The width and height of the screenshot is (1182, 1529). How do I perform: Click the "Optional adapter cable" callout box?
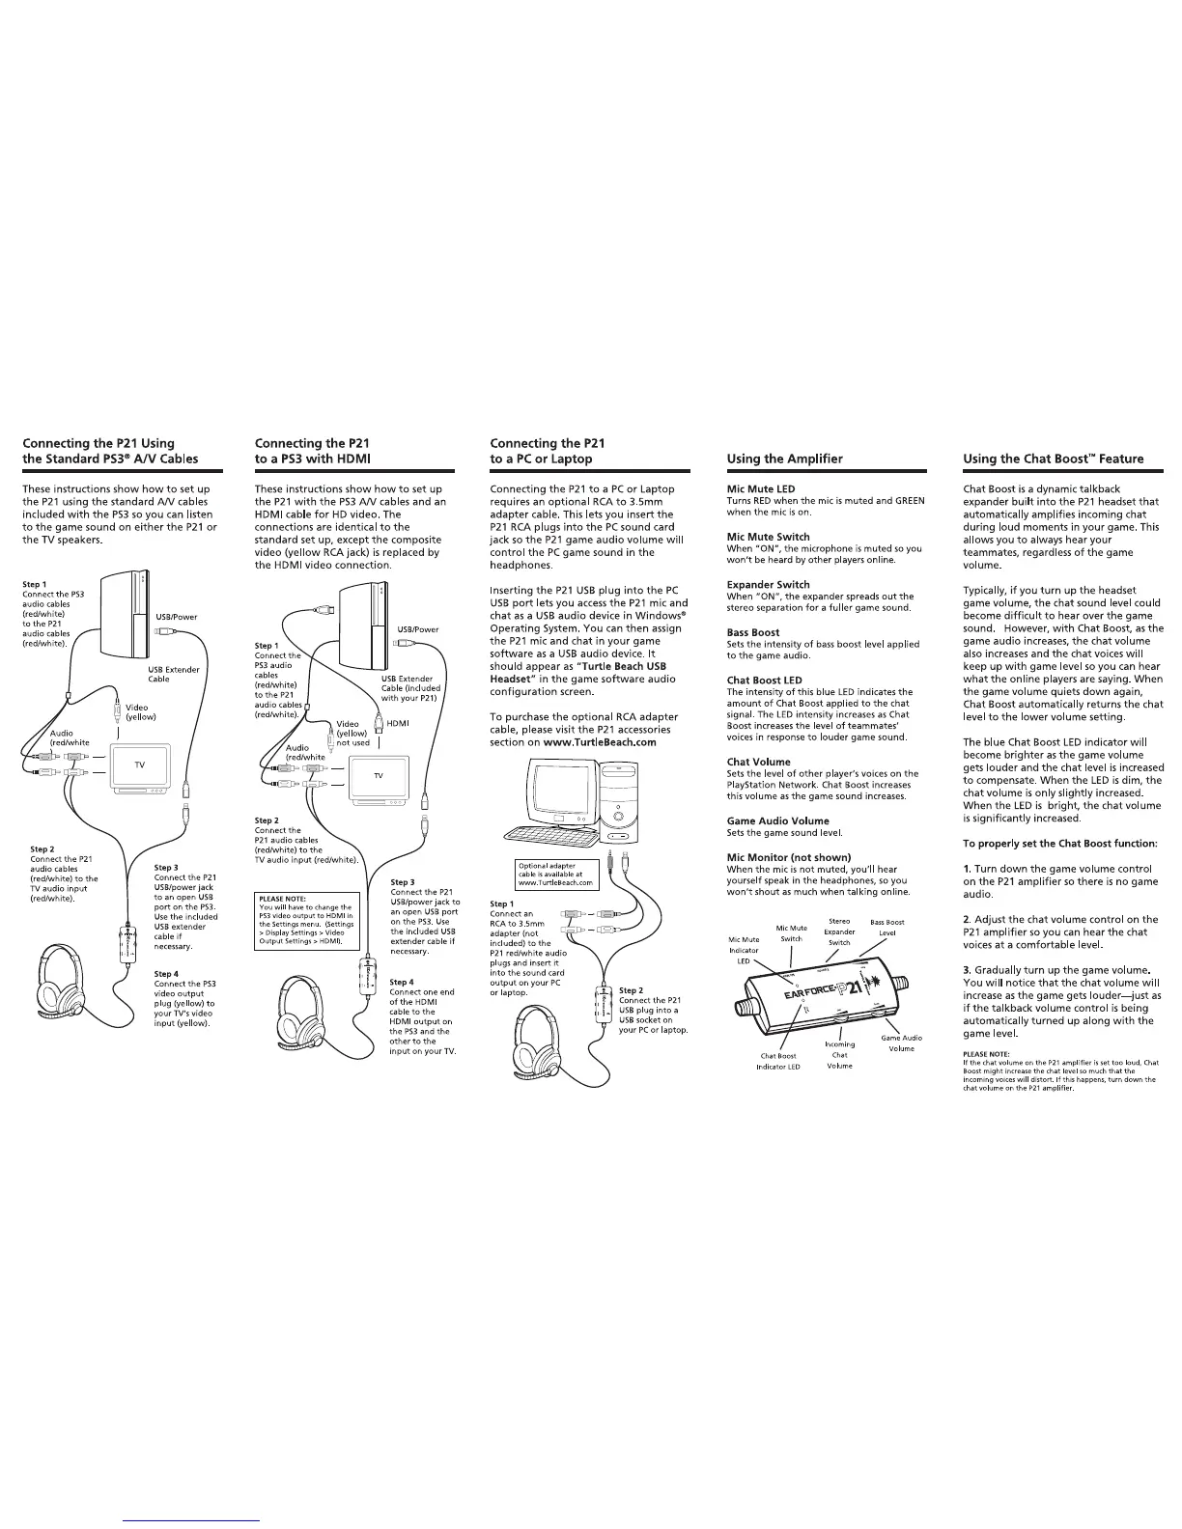[x=554, y=875]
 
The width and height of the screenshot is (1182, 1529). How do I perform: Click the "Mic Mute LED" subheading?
[x=761, y=489]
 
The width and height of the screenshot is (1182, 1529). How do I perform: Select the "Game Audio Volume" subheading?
[x=777, y=820]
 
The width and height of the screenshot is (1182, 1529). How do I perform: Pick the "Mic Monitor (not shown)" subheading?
[x=788, y=857]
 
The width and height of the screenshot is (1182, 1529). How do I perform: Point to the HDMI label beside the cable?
[x=398, y=723]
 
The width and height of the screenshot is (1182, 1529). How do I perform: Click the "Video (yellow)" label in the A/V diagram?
[x=140, y=712]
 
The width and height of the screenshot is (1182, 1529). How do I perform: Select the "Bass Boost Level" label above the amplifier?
[x=886, y=927]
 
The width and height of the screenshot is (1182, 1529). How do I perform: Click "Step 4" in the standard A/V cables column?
[x=166, y=974]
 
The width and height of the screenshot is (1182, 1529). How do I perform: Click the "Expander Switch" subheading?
[x=768, y=584]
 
